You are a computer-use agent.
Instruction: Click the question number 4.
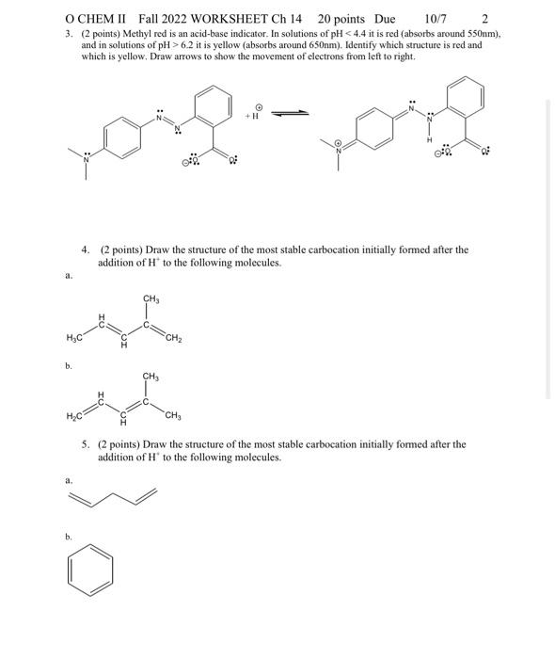point(86,249)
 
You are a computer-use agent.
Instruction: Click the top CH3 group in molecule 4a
point(151,299)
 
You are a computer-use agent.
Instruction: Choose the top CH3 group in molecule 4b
point(151,377)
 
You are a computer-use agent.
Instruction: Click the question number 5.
point(86,443)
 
